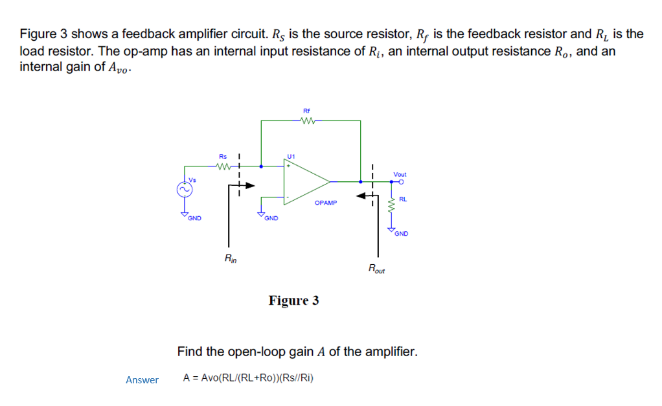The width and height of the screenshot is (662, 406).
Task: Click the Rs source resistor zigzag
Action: tap(223, 166)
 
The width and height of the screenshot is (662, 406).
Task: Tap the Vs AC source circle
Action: tap(183, 189)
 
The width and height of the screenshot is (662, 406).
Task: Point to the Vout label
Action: tap(400, 174)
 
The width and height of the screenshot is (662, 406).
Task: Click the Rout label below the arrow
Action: tap(376, 269)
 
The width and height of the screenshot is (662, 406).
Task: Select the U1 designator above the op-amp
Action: tap(291, 156)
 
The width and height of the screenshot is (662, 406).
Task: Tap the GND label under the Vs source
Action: tap(194, 218)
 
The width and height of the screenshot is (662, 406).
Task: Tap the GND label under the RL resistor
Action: tap(402, 234)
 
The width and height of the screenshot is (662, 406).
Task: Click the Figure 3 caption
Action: tap(294, 300)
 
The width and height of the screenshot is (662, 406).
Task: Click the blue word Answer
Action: tap(142, 380)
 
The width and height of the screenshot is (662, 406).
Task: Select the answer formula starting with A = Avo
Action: tap(248, 378)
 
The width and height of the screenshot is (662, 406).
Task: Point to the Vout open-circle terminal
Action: tap(402, 182)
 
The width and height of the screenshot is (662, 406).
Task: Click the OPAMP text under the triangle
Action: tap(326, 203)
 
